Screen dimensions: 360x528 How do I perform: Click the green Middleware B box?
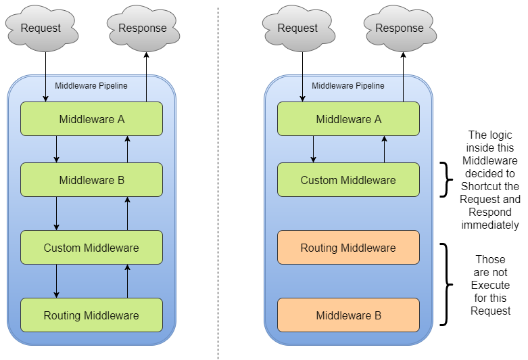[91, 180]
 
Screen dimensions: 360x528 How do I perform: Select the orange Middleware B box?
[348, 315]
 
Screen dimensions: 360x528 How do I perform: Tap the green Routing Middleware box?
[91, 315]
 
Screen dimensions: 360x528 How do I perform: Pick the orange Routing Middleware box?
[348, 248]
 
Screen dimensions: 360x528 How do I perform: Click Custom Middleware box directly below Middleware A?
[348, 180]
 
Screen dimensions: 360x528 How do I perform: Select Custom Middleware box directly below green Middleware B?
[91, 248]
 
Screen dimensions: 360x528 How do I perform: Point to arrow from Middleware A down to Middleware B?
[56, 149]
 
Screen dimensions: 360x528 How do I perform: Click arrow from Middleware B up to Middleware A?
[127, 149]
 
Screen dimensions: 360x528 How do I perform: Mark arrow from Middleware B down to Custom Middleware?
[56, 213]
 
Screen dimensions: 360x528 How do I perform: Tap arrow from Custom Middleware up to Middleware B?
[127, 213]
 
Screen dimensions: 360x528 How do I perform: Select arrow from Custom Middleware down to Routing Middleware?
[56, 281]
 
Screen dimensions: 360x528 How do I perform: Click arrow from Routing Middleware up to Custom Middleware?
[127, 281]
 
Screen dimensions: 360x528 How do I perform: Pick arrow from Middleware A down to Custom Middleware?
[313, 149]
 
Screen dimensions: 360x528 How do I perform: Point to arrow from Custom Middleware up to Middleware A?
[384, 149]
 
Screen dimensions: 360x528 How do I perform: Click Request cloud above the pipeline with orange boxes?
[297, 28]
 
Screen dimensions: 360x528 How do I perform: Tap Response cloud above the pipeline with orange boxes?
[399, 28]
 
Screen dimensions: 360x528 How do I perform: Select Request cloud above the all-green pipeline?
[41, 28]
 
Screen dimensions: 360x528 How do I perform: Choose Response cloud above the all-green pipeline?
[142, 28]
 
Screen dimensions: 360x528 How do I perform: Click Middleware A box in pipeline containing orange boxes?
[348, 119]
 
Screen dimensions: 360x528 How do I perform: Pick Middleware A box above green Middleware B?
[91, 119]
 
